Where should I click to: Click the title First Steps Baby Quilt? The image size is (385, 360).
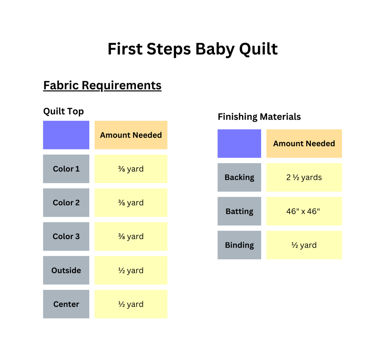tap(192, 49)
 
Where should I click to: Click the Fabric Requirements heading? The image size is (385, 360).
tap(102, 85)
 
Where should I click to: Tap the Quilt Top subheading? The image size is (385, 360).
tap(64, 111)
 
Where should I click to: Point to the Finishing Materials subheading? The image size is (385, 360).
tap(259, 117)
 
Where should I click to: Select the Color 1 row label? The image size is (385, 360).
tap(66, 169)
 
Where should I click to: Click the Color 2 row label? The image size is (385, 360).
tap(66, 203)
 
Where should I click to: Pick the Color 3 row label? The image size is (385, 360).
tap(66, 236)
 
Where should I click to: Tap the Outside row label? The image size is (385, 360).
tap(66, 270)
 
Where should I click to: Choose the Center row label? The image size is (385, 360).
tap(66, 304)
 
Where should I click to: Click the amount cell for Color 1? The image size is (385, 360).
tap(131, 169)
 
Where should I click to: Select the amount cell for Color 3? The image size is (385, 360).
tap(131, 236)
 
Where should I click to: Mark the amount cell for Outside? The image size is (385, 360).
tap(131, 270)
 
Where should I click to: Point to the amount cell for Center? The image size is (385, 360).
tap(131, 304)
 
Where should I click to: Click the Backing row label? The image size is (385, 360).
tap(239, 177)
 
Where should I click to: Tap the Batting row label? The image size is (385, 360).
tap(239, 211)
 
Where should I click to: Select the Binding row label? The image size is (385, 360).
tap(239, 245)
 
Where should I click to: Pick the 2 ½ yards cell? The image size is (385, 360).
tap(304, 177)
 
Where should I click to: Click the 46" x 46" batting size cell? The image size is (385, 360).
tap(304, 211)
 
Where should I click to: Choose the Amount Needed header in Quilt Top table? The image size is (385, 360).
tap(131, 135)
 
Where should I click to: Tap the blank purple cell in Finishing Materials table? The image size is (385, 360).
tap(239, 143)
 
